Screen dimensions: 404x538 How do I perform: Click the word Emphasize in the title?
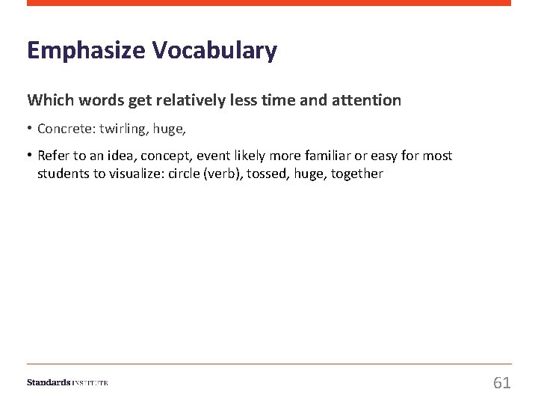tap(87, 51)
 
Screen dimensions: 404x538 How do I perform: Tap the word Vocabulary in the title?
tap(214, 51)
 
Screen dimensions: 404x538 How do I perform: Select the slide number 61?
tap(502, 383)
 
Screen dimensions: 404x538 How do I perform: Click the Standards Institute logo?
tap(67, 382)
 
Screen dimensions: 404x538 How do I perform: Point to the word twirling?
tap(123, 129)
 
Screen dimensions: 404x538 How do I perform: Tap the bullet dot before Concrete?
tap(30, 129)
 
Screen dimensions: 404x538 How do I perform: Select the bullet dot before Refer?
tap(30, 156)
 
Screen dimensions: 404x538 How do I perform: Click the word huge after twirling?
tap(168, 129)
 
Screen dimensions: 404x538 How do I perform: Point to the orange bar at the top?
tap(269, 3)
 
